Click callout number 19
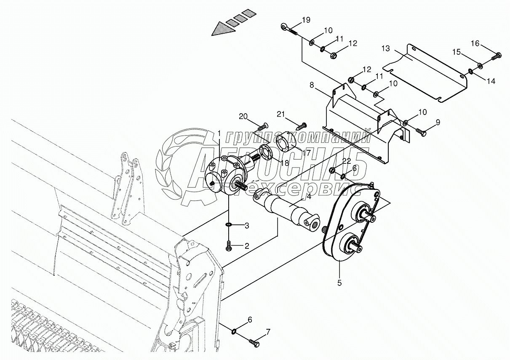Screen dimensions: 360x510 [x=306, y=20]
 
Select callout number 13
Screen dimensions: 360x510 [x=386, y=48]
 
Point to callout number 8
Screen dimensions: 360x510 [x=312, y=85]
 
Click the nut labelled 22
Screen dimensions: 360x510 [x=332, y=171]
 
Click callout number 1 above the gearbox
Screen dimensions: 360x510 [x=219, y=133]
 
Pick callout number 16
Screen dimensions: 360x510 [x=475, y=43]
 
